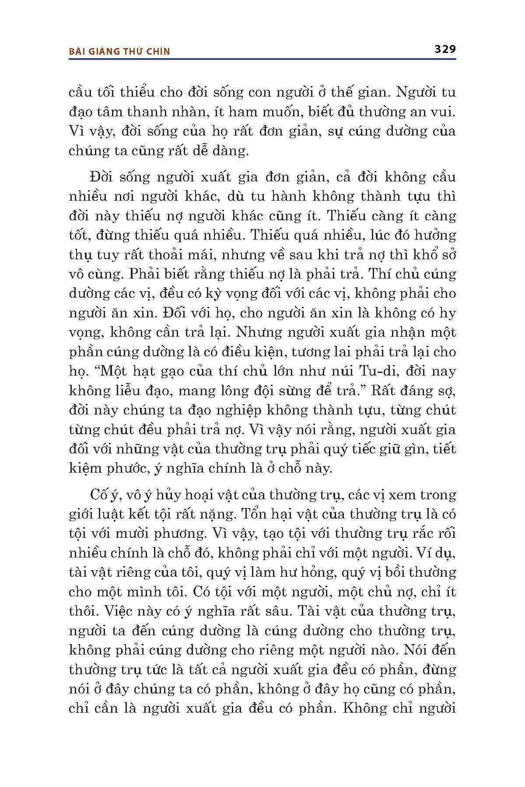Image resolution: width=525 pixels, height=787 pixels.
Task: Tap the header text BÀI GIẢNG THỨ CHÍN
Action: [x=119, y=51]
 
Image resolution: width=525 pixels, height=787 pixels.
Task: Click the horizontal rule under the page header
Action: [x=262, y=59]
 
